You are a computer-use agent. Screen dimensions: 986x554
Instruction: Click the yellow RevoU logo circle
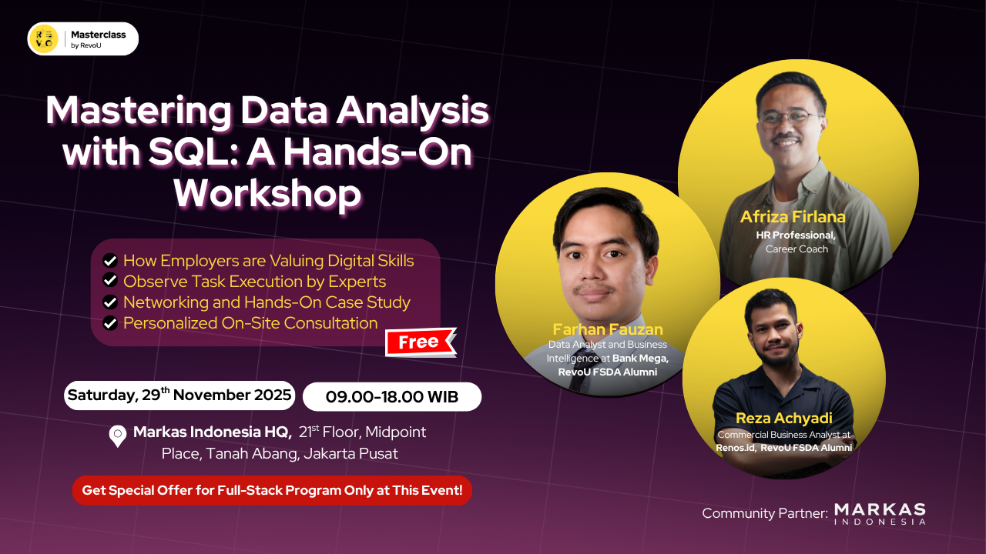click(x=44, y=38)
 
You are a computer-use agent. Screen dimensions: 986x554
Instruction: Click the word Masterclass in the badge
click(x=98, y=35)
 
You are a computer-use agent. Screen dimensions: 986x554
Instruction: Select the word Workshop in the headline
click(x=267, y=193)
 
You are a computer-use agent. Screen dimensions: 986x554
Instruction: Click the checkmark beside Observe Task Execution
click(x=110, y=280)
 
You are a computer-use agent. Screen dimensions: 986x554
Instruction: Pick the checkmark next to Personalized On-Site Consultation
click(x=110, y=323)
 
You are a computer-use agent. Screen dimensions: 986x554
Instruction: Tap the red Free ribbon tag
click(x=421, y=342)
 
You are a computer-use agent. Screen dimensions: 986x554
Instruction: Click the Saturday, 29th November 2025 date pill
click(x=179, y=395)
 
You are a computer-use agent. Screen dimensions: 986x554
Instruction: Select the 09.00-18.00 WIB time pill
click(x=392, y=396)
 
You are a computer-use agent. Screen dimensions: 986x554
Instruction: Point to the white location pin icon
click(x=118, y=436)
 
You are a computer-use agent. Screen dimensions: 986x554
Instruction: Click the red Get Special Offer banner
click(x=272, y=490)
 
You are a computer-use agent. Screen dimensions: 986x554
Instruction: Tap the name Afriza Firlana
click(x=793, y=217)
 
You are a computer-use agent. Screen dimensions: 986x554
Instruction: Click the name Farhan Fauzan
click(x=608, y=329)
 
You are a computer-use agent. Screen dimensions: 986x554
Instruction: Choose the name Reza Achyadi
click(x=784, y=418)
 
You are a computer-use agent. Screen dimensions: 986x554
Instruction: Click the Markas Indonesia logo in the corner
click(x=880, y=514)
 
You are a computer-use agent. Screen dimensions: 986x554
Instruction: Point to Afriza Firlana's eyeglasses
click(x=790, y=118)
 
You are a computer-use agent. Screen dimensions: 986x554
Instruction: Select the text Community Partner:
click(x=765, y=513)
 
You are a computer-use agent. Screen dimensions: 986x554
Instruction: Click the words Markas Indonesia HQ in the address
click(x=212, y=432)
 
